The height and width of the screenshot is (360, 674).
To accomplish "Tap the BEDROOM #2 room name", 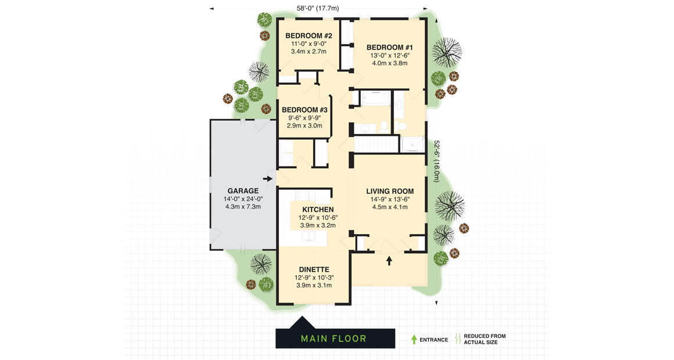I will click(x=309, y=36).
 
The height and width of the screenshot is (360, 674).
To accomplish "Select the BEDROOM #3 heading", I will click(x=304, y=110).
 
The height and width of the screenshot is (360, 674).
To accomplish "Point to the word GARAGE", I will click(x=243, y=191).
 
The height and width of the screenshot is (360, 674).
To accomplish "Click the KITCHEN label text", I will click(x=318, y=210).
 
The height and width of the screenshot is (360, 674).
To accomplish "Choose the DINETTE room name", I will click(x=314, y=269).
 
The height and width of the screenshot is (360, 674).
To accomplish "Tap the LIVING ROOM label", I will click(x=390, y=191).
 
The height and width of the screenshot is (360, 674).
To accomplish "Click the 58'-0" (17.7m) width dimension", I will click(x=317, y=8).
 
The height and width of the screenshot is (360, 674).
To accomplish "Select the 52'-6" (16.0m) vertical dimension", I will click(x=436, y=161).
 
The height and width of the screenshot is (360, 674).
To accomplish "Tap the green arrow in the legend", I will click(x=414, y=339).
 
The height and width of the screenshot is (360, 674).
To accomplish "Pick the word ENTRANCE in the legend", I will click(x=433, y=340).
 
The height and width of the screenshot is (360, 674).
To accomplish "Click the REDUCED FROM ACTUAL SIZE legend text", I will click(x=484, y=339).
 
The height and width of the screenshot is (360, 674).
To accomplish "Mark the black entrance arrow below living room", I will click(x=389, y=261).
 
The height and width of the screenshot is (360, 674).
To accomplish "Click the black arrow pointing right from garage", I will click(x=268, y=179).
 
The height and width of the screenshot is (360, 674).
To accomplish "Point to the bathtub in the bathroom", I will click(x=375, y=99).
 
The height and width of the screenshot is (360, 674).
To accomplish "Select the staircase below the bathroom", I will click(x=376, y=144).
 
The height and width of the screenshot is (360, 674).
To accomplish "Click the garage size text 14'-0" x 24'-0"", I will click(x=243, y=199).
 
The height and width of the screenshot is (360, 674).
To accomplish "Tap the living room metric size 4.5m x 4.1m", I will click(x=390, y=207).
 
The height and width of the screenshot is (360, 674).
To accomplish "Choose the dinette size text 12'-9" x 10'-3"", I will click(x=314, y=278).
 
